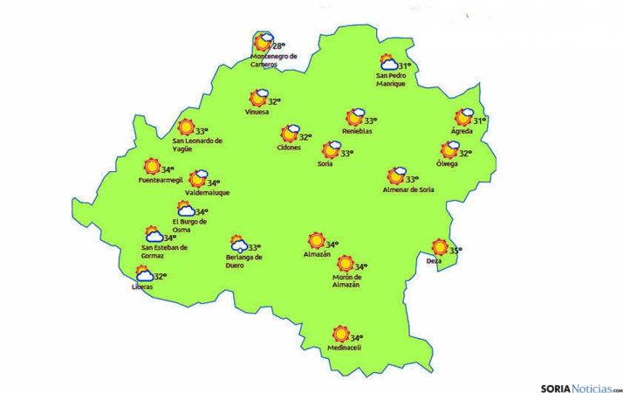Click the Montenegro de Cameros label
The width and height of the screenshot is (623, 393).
pyautogui.click(x=273, y=59)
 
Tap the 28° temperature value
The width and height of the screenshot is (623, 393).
pyautogui.click(x=279, y=46)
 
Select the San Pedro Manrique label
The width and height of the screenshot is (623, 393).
pyautogui.click(x=391, y=79)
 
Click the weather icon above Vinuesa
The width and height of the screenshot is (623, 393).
pyautogui.click(x=258, y=98)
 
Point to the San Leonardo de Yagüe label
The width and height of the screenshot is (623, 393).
pyautogui.click(x=197, y=144)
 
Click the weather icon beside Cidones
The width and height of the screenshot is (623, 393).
pyautogui.click(x=289, y=134)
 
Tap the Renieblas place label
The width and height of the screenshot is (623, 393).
pyautogui.click(x=357, y=132)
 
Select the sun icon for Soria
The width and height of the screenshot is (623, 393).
pyautogui.click(x=331, y=149)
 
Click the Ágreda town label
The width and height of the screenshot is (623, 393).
pyautogui.click(x=462, y=132)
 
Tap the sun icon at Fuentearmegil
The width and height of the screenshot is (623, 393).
pyautogui.click(x=152, y=167)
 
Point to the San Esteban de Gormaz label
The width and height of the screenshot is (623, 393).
pyautogui.click(x=164, y=251)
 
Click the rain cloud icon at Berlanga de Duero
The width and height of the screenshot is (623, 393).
pyautogui.click(x=236, y=244)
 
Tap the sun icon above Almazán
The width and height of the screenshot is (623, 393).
pyautogui.click(x=316, y=241)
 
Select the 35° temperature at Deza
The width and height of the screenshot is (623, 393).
pyautogui.click(x=455, y=251)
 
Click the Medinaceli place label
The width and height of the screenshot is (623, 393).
pyautogui.click(x=343, y=348)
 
